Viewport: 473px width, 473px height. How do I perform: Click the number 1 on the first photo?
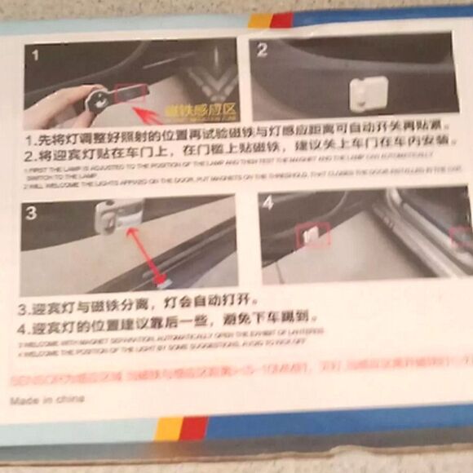point(34,55)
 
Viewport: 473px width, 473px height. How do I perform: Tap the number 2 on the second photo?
point(263,50)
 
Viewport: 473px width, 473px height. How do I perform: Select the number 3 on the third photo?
point(31,214)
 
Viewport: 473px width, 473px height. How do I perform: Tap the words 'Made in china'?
point(46,400)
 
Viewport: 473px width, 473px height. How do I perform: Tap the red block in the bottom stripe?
point(194,428)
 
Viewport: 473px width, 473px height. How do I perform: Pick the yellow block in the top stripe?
point(260,20)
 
